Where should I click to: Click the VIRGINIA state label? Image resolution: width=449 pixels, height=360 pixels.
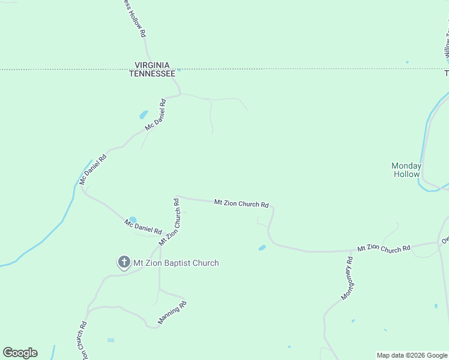point(152,65)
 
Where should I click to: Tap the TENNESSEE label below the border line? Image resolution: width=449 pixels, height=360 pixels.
point(152,73)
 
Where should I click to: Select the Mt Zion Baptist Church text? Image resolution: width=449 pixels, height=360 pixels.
point(176,263)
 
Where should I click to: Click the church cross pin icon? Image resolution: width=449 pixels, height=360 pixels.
point(124,262)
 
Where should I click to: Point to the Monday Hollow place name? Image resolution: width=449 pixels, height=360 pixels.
point(406,170)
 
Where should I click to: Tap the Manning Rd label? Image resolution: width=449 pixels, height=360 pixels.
point(173,313)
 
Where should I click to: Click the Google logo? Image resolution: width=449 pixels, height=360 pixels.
point(20,353)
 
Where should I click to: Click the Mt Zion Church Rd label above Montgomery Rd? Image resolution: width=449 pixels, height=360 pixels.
point(384,248)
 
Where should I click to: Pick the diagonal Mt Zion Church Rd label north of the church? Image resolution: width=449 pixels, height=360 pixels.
point(169,222)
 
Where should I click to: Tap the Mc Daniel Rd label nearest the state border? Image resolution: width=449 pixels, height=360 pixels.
point(155,116)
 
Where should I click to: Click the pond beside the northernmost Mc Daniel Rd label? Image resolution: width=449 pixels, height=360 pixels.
point(143,114)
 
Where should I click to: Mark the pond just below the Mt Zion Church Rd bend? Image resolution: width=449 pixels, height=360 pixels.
point(262,248)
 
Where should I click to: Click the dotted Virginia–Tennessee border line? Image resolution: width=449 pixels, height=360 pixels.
point(300,70)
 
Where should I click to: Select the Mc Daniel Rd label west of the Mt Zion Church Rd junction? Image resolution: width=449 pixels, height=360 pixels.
point(143,227)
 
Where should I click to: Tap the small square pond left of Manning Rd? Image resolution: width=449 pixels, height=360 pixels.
point(110,340)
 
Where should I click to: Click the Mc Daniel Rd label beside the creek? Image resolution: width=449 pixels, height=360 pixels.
point(92,169)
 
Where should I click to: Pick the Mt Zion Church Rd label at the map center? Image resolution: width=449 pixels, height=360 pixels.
point(241,203)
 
